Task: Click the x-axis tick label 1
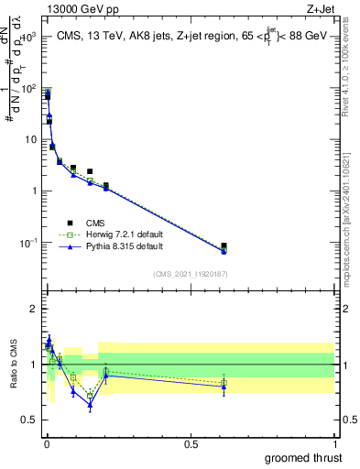pyautogui.click(x=335, y=442)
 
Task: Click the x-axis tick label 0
pyautogui.click(x=46, y=442)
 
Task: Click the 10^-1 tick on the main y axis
pyautogui.click(x=27, y=243)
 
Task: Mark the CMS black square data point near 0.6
pyautogui.click(x=224, y=245)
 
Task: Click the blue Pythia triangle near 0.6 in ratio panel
pyautogui.click(x=224, y=387)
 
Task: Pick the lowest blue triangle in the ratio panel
pyautogui.click(x=90, y=404)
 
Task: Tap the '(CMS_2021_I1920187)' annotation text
pyautogui.click(x=190, y=273)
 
